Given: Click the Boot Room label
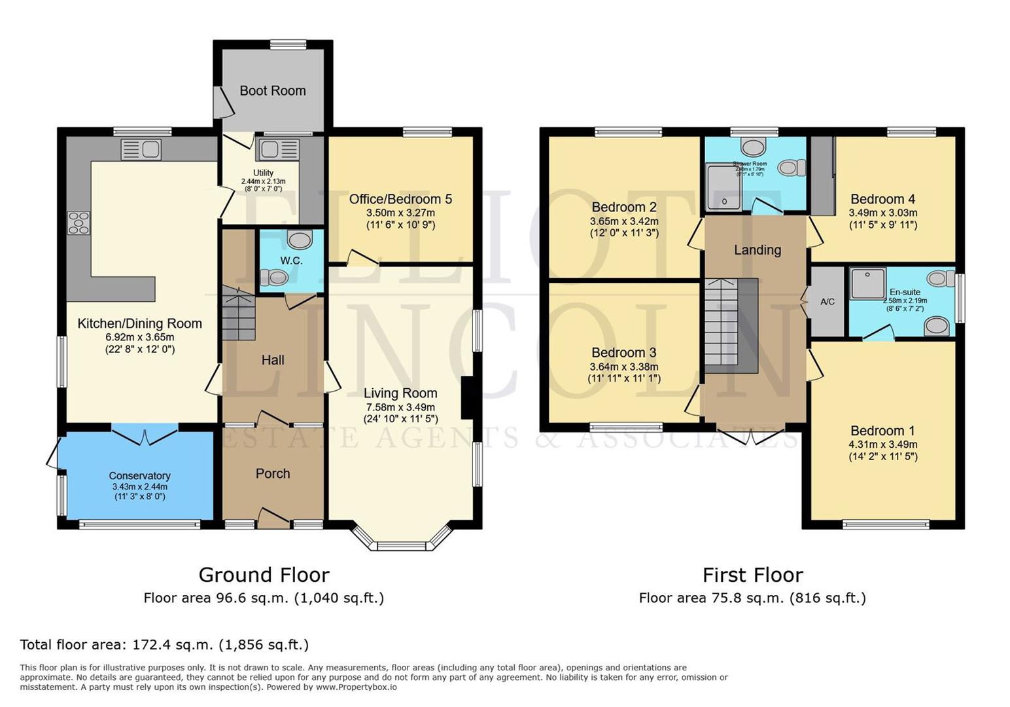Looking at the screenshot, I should click(x=272, y=91).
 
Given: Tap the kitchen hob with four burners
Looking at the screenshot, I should click(x=78, y=223).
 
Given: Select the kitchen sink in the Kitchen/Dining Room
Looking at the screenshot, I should click(x=141, y=149).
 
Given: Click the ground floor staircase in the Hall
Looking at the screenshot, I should click(x=237, y=314).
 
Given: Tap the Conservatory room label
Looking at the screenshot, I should click(x=139, y=476).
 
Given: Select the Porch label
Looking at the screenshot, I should click(x=273, y=473).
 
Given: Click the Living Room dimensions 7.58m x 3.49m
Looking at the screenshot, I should click(x=400, y=407).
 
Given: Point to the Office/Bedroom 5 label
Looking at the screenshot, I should click(x=400, y=199).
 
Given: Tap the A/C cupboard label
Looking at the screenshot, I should click(x=827, y=302).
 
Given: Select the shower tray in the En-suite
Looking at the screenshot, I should click(x=867, y=283).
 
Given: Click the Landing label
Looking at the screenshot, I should click(x=757, y=249).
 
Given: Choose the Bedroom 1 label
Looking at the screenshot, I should click(x=882, y=431).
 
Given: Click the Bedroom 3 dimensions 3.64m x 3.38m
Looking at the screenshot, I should click(x=624, y=367).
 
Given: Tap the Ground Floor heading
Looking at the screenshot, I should click(x=264, y=575).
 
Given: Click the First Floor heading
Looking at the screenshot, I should click(x=752, y=575).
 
